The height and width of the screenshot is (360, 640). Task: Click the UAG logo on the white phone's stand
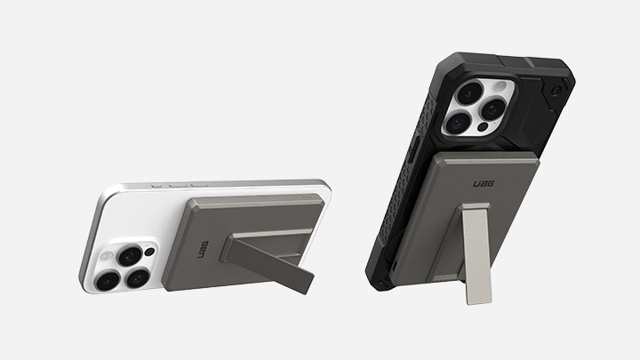coord(203,250)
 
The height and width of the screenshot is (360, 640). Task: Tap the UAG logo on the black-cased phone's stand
coord(484,184)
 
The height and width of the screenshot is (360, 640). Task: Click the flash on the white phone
coord(108,256)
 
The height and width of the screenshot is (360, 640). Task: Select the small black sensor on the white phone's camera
coord(150,252)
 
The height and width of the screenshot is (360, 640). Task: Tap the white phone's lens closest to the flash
coord(130,255)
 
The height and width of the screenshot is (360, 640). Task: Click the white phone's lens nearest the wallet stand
coord(138,277)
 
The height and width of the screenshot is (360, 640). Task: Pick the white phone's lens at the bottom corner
coord(108,281)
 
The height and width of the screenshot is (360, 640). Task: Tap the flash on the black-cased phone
coord(500,87)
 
